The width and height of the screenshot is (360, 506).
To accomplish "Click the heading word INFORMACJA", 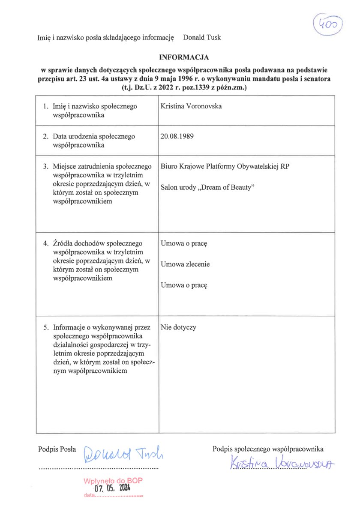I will [x=184, y=57].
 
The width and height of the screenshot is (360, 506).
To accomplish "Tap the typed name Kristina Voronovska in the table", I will [x=191, y=106].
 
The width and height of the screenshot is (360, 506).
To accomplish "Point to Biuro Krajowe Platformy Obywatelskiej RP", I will [x=225, y=166].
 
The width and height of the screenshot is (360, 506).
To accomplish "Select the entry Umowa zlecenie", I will [x=185, y=264].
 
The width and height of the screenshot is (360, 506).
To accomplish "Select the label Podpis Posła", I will [x=57, y=449].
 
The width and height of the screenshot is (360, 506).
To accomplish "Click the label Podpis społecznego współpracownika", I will [x=268, y=449].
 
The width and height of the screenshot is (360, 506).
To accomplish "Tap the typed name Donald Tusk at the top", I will [x=202, y=38].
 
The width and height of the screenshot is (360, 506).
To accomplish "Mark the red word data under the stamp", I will [x=89, y=496].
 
